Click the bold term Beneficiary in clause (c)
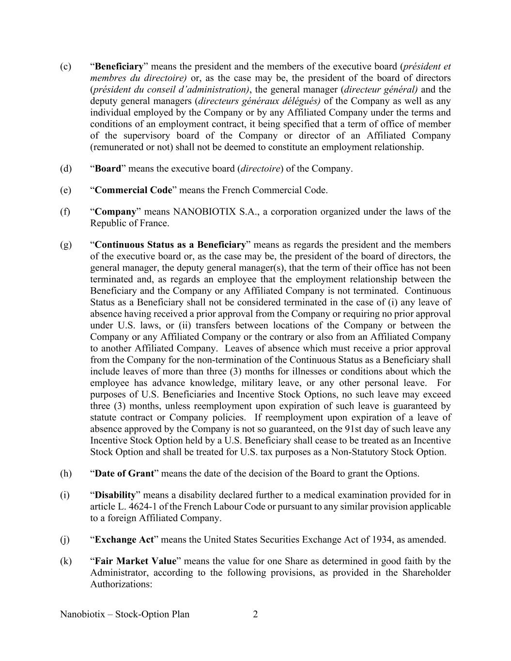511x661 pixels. (119, 66)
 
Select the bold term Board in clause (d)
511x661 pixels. (108, 169)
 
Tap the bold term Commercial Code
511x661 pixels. (133, 190)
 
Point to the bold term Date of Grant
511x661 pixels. (124, 473)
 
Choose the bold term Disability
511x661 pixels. (115, 495)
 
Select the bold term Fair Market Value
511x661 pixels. (135, 561)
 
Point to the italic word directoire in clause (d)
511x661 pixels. (261, 169)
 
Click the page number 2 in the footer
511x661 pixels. (255, 615)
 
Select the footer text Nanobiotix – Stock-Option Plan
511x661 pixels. (125, 615)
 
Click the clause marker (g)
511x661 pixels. (65, 245)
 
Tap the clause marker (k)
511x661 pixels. (65, 561)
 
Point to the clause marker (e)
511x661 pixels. (65, 190)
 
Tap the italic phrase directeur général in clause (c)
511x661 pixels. (381, 90)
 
